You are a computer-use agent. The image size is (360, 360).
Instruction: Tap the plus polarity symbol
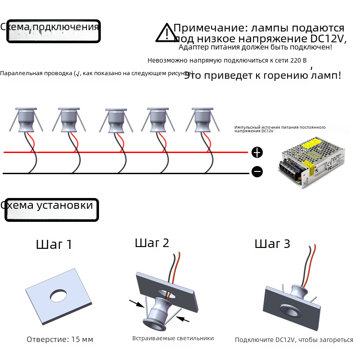[x=257, y=153]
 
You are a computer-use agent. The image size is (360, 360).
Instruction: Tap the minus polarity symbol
[x=257, y=172]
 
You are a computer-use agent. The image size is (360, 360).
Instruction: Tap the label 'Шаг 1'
[x=54, y=245]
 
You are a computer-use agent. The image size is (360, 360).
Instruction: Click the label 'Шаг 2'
[x=152, y=243]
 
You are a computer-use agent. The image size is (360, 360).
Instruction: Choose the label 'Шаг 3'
[x=272, y=244]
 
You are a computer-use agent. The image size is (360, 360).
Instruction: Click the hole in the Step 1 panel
[x=58, y=295]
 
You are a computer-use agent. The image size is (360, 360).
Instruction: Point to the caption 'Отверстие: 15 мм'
[x=60, y=339]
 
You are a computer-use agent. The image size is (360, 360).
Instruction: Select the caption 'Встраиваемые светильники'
[x=173, y=338]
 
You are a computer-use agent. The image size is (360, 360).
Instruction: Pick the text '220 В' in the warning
[x=298, y=60]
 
